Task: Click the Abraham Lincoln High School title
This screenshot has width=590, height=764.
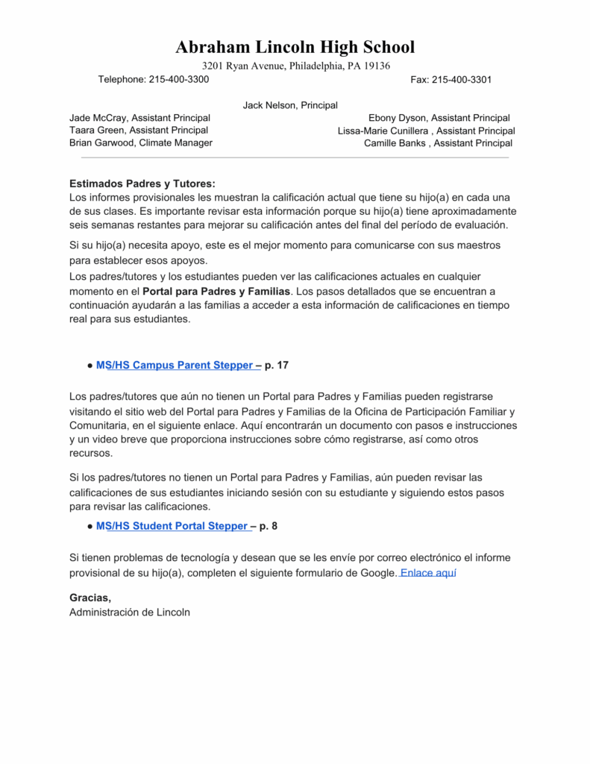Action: click(295, 47)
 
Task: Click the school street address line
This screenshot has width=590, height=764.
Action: click(296, 66)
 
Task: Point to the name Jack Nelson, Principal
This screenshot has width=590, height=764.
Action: click(290, 106)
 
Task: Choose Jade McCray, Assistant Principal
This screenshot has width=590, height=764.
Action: click(139, 118)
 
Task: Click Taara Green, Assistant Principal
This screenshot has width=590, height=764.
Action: click(139, 130)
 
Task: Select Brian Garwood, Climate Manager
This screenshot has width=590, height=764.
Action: click(141, 143)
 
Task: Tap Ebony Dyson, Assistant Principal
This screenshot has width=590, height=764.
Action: click(439, 118)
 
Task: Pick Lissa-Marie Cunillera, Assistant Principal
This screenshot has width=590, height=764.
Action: click(426, 131)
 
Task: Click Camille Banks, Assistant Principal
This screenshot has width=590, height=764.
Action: click(438, 143)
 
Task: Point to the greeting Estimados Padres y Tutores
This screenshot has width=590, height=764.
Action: click(142, 184)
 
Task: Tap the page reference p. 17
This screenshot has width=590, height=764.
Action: click(277, 366)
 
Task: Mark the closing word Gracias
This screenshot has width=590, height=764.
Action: click(90, 598)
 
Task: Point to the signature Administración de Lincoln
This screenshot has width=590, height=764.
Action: click(130, 613)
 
